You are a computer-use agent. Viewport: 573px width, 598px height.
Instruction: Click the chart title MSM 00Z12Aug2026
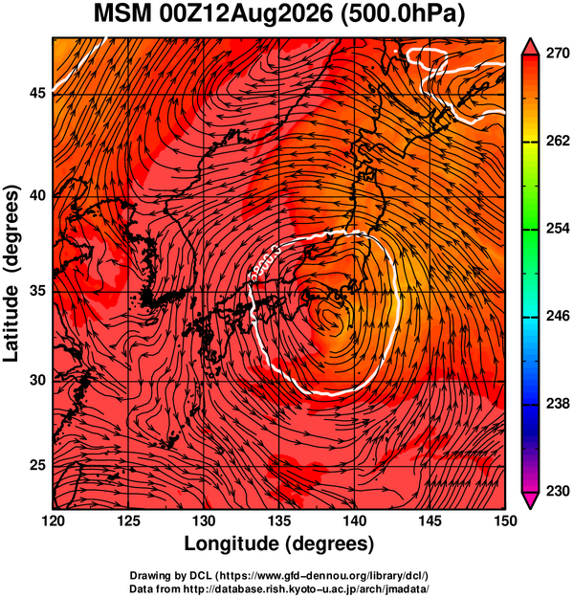[213, 14]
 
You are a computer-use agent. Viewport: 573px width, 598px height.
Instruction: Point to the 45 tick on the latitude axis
[37, 94]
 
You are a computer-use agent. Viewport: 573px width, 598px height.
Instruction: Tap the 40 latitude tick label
[37, 195]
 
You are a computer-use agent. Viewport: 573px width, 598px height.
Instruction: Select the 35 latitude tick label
[37, 292]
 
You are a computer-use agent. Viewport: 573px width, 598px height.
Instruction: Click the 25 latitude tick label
[37, 466]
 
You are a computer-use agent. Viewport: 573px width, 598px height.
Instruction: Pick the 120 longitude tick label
[53, 520]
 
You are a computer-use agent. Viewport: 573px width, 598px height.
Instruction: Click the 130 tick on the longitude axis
[204, 520]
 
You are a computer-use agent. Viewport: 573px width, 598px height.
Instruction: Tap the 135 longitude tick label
[279, 520]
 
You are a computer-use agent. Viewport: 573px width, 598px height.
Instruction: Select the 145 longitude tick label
[430, 520]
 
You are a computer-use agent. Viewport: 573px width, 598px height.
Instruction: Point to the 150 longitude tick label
[505, 520]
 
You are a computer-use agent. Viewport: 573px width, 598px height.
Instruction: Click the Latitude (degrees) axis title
[11, 274]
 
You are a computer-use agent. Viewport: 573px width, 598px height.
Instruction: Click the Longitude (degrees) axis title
[279, 543]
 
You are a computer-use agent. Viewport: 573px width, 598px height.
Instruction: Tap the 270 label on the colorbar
[558, 54]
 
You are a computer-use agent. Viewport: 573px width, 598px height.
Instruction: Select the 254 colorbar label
[558, 229]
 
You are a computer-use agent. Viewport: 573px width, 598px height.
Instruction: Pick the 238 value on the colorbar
[558, 404]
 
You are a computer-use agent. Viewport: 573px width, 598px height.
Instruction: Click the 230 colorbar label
[558, 491]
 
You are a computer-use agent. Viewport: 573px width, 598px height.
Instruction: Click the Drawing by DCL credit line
[279, 575]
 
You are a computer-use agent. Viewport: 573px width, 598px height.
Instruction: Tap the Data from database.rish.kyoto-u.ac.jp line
[279, 588]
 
